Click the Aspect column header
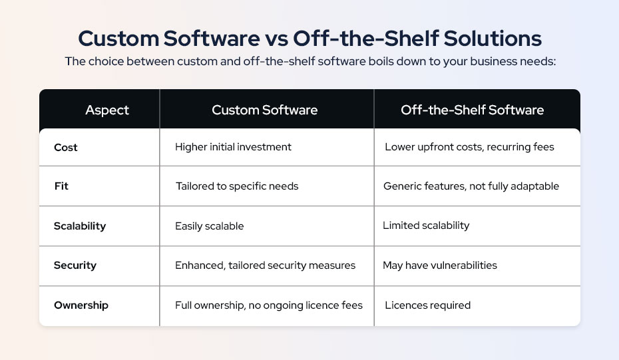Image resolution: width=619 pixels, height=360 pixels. [107, 110]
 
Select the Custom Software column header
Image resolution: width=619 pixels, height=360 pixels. [264, 110]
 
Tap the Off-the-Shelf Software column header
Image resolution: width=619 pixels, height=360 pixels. [472, 110]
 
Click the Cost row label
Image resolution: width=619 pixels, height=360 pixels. [66, 147]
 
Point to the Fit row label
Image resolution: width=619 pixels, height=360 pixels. [61, 186]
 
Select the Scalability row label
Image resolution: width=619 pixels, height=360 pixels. [80, 226]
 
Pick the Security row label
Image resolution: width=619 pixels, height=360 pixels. [75, 266]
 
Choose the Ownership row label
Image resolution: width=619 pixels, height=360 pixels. [81, 305]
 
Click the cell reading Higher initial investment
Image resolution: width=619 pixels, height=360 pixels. [233, 147]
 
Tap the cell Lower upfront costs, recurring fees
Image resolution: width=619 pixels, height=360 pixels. [469, 147]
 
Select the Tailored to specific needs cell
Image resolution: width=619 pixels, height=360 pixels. [237, 186]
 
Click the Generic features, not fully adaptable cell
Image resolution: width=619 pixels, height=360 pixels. [471, 186]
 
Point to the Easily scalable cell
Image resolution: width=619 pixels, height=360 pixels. [209, 226]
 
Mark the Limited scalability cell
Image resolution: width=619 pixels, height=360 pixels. [426, 226]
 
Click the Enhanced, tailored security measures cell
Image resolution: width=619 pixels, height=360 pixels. [265, 266]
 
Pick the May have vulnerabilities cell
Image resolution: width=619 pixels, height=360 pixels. [439, 266]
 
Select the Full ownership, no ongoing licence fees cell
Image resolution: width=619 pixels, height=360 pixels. [269, 305]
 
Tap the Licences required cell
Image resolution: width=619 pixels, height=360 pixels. [427, 305]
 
